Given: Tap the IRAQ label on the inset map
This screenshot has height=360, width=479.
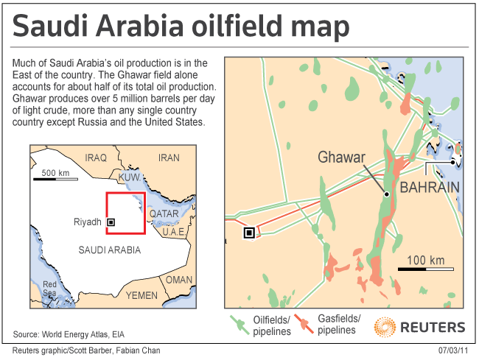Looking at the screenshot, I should tap(96, 158).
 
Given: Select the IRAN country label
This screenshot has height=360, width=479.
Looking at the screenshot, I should tap(169, 158).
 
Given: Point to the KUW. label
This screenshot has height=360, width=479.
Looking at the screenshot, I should tap(129, 178).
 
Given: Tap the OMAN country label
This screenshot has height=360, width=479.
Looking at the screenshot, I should tap(178, 280).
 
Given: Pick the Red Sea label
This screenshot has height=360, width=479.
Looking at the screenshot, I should tap(49, 289).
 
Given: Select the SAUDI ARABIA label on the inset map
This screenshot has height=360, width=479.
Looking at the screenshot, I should tap(108, 250).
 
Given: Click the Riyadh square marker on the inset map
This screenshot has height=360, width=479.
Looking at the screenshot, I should tap(111, 222).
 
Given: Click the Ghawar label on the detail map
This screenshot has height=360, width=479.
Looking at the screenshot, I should tap(342, 157).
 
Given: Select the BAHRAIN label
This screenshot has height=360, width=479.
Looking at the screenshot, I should tap(430, 188).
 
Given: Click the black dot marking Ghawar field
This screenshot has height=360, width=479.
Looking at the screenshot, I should tap(386, 194).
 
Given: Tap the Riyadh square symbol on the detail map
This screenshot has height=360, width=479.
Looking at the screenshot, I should tap(249, 233).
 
